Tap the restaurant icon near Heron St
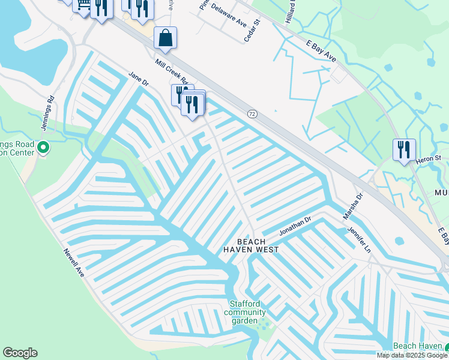coord(404,149)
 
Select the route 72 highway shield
coord(252,113)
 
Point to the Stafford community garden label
coord(245,312)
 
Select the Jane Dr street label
coord(138,79)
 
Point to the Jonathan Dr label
coord(295,226)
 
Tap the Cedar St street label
coord(252,31)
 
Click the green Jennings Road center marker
coord(43,147)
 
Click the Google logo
coord(20,353)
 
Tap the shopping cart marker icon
coord(82,5)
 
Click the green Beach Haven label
coord(417,347)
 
